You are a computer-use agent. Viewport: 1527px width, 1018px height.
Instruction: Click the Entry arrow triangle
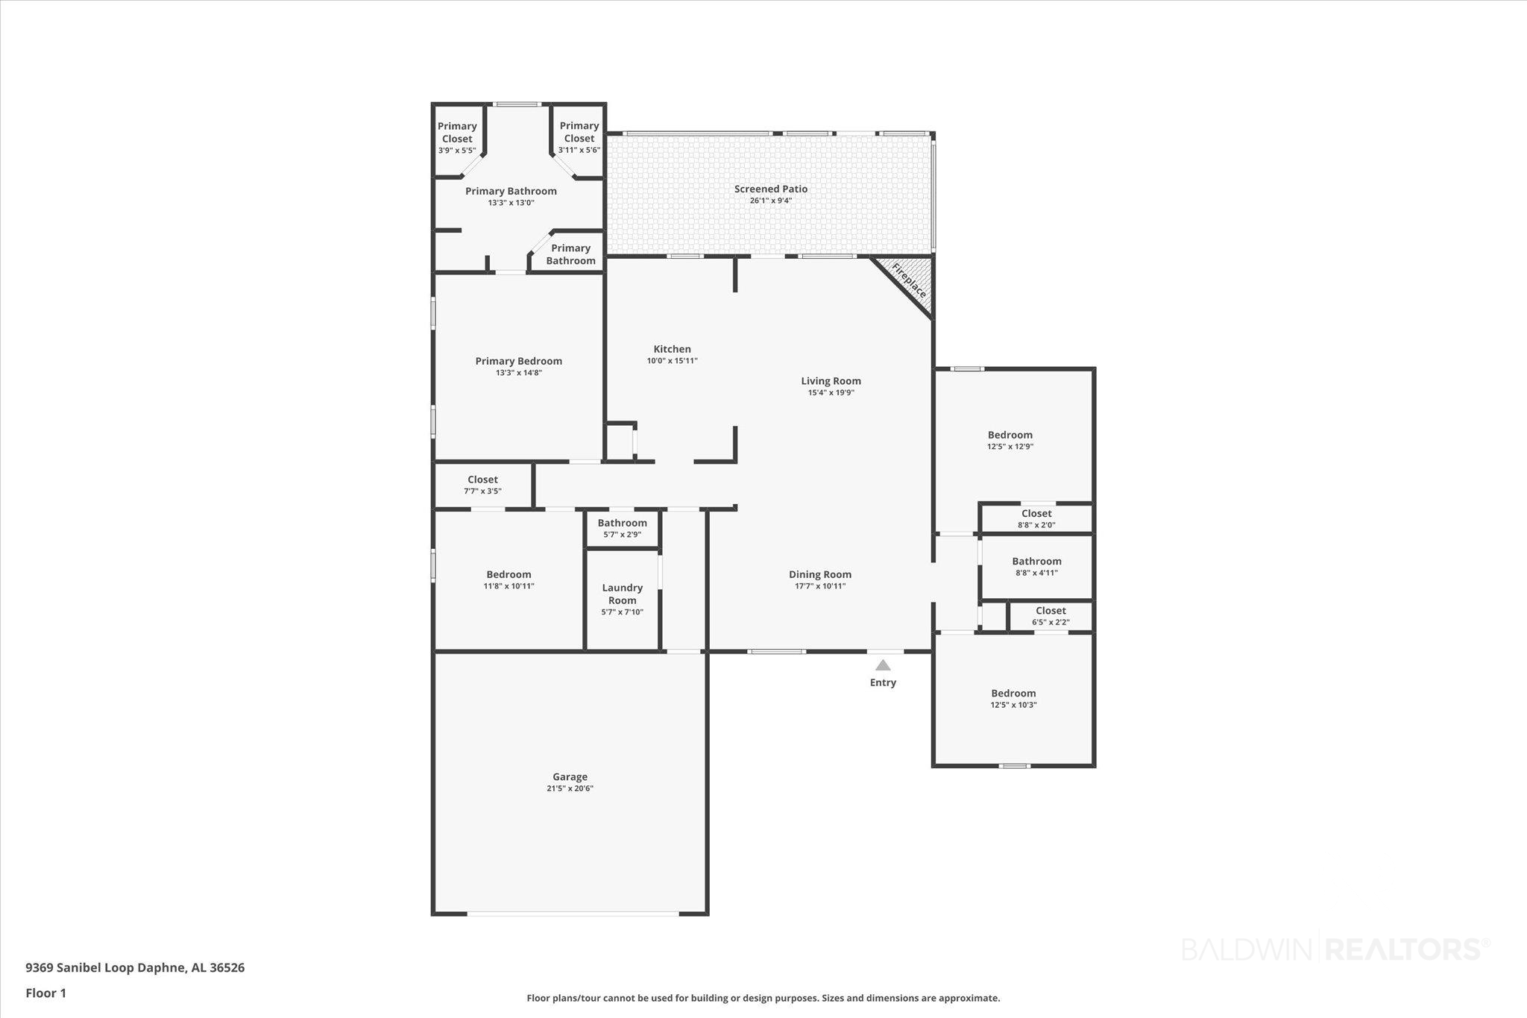pyautogui.click(x=883, y=665)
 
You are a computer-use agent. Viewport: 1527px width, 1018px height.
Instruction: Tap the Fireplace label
pyautogui.click(x=910, y=280)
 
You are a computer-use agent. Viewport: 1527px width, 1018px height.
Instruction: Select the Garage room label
pyautogui.click(x=570, y=776)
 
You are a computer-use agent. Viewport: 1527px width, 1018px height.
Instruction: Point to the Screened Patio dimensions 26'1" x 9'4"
pyautogui.click(x=771, y=201)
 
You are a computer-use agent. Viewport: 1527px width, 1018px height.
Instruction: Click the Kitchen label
pyautogui.click(x=673, y=349)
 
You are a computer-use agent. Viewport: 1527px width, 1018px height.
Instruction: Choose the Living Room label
pyautogui.click(x=831, y=381)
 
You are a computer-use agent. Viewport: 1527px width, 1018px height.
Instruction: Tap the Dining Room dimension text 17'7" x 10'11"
pyautogui.click(x=820, y=586)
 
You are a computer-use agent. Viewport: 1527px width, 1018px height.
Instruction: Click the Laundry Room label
pyautogui.click(x=623, y=594)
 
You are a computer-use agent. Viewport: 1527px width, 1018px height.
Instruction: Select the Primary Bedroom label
pyautogui.click(x=519, y=361)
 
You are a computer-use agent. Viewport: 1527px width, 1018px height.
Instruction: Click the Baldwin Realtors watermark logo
pyautogui.click(x=1335, y=949)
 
